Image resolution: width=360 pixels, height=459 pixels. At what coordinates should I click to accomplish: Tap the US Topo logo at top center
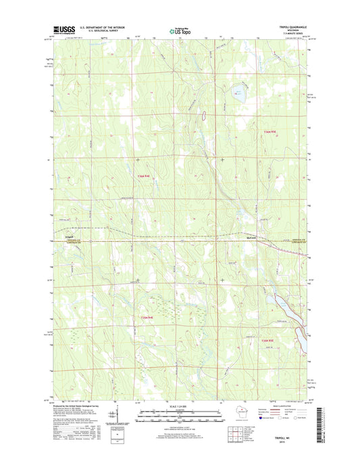tap(175, 30)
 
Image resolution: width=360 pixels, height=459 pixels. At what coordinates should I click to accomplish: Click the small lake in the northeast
tap(238, 98)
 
